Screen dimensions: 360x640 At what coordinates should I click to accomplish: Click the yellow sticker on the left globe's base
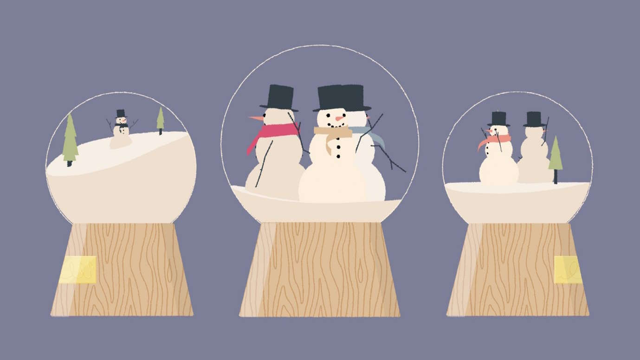click(x=78, y=270)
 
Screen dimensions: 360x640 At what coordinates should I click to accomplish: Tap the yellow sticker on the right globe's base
click(x=568, y=270)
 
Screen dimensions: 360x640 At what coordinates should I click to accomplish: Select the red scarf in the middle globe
click(x=274, y=132)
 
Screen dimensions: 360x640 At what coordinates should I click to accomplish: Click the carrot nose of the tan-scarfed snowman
click(x=340, y=119)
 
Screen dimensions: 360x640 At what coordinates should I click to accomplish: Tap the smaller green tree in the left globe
click(x=160, y=119)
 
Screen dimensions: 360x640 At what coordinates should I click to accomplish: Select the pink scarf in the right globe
click(x=495, y=141)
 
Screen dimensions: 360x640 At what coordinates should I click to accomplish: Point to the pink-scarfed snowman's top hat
click(x=498, y=119)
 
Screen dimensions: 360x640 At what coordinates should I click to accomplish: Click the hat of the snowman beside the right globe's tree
click(x=534, y=119)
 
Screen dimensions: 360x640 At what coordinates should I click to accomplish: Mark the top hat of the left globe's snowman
click(x=121, y=114)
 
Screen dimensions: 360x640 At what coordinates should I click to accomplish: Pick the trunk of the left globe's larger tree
click(x=70, y=163)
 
